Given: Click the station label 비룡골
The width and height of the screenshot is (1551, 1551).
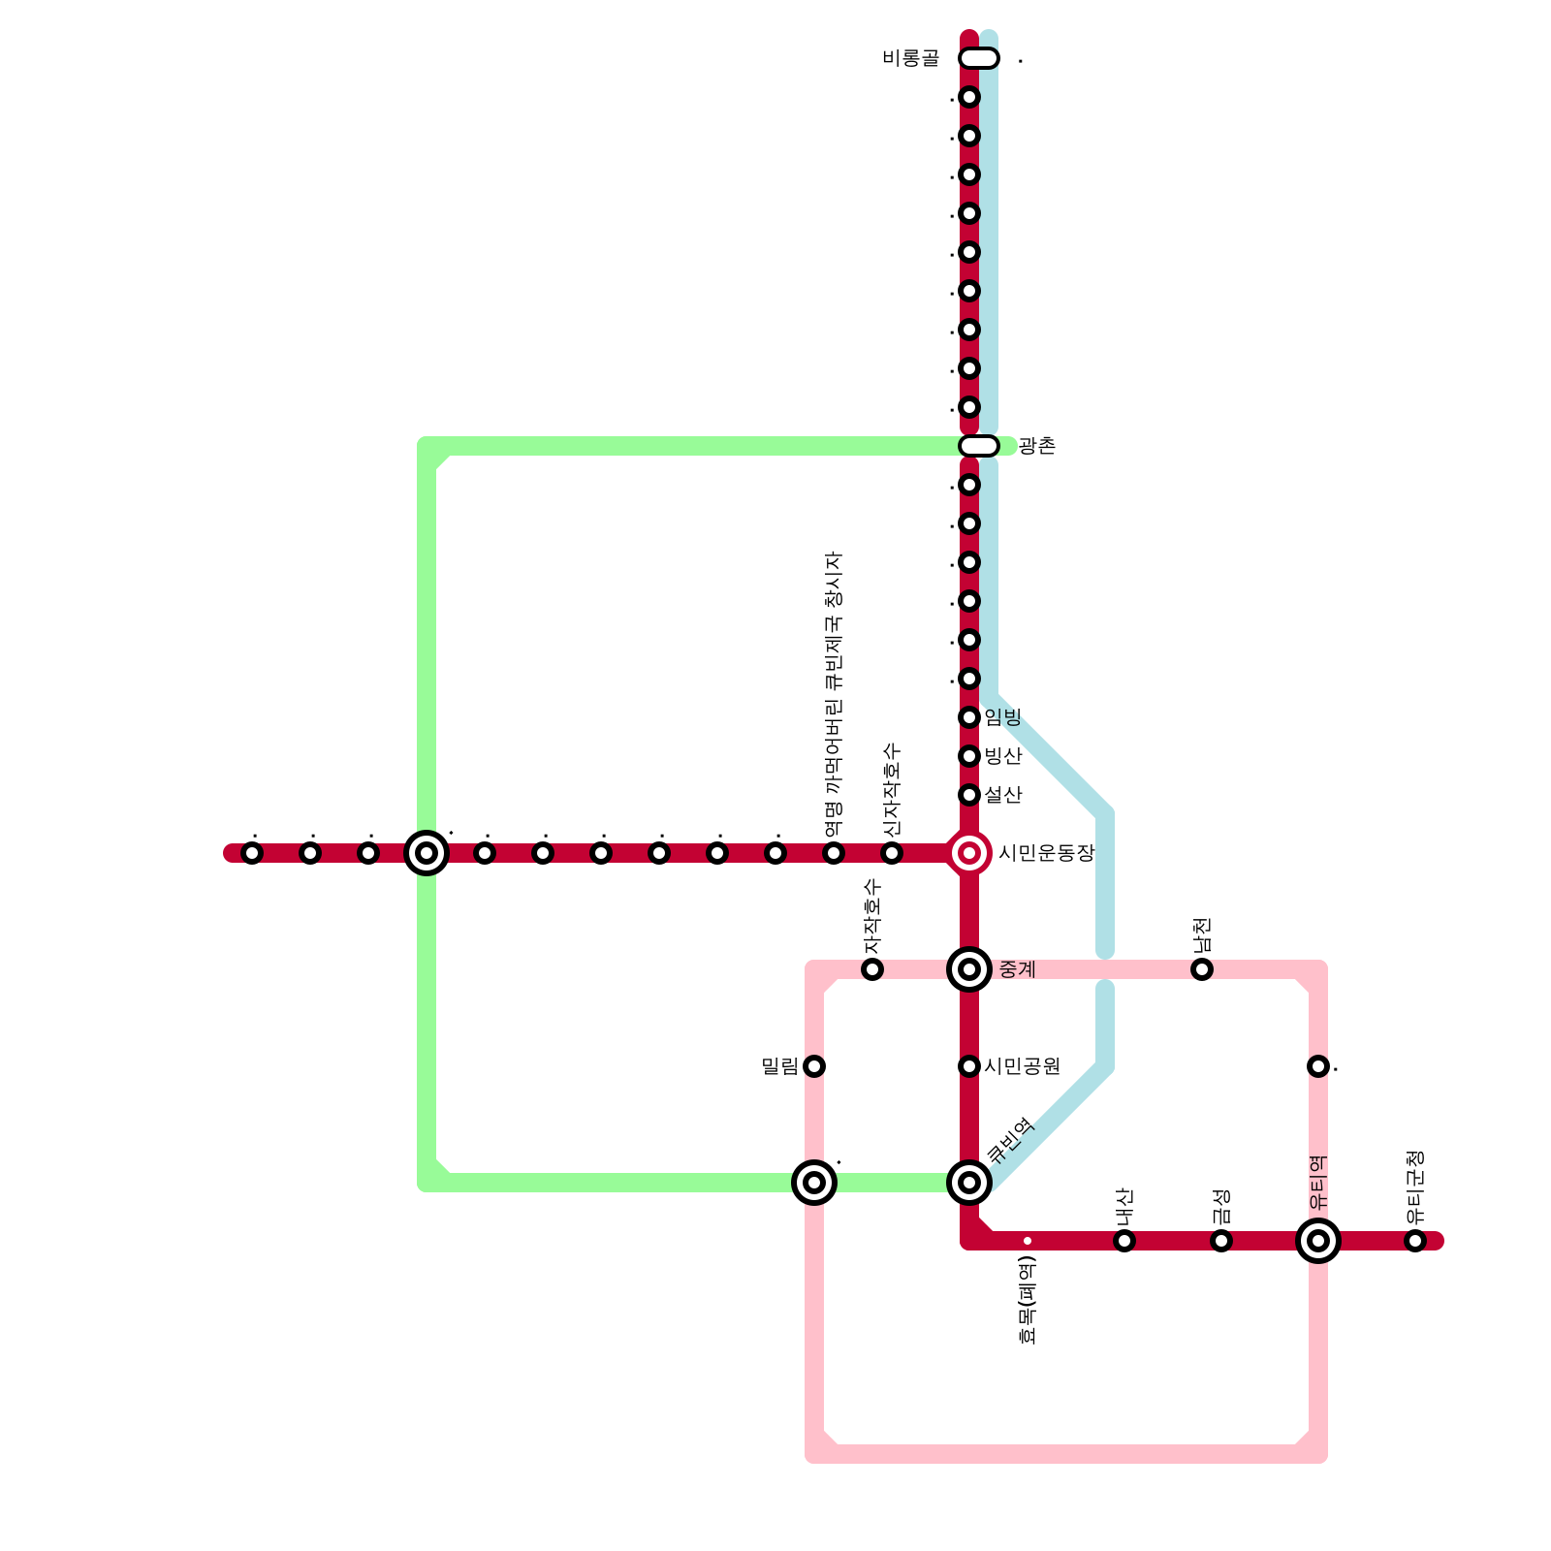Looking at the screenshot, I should click(x=910, y=58).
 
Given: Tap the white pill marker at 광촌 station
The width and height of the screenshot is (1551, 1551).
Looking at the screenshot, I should click(x=979, y=446).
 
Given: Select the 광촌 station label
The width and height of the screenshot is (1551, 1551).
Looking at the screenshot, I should click(x=1036, y=446).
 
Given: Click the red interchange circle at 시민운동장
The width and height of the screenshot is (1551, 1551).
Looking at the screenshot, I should click(x=969, y=853).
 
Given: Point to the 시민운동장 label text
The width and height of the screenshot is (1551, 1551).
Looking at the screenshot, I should click(x=1046, y=853).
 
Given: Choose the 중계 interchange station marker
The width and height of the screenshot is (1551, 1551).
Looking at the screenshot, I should click(x=969, y=969).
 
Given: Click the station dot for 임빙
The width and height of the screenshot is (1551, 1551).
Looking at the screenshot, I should click(x=969, y=717).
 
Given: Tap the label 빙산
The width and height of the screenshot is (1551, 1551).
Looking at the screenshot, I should click(x=1003, y=756).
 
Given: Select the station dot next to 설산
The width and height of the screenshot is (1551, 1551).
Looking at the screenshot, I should click(x=969, y=795).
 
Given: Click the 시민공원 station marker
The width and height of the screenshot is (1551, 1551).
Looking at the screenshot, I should click(x=969, y=1066).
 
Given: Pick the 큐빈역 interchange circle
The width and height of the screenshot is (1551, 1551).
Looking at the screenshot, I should click(x=969, y=1183).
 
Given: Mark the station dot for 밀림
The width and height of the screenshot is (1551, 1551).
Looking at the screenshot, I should click(x=814, y=1066).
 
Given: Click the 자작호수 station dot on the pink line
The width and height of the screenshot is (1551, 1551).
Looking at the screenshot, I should click(x=872, y=969).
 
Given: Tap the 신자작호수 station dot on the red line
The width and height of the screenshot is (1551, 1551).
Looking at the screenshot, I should click(x=892, y=853).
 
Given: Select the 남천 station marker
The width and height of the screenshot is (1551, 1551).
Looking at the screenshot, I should click(x=1202, y=969).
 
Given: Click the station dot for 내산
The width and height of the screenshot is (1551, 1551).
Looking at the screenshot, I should click(x=1124, y=1241).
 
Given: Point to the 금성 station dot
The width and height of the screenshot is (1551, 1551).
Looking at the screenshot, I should click(x=1221, y=1241).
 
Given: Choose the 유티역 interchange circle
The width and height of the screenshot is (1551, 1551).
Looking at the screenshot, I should click(x=1318, y=1241).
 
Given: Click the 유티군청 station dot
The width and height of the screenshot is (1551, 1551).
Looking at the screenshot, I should click(x=1415, y=1241).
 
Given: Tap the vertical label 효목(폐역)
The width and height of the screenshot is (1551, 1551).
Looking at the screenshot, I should click(x=1029, y=1299).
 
